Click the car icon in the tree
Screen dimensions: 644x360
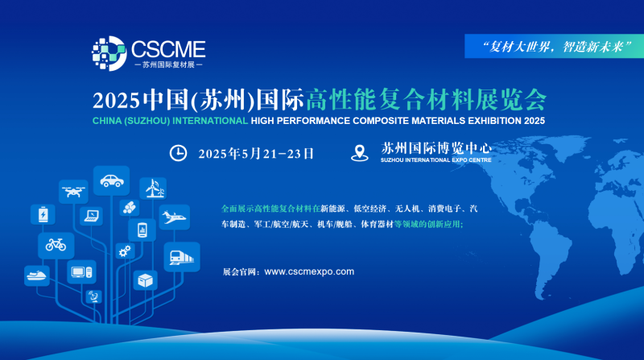[x=112, y=180]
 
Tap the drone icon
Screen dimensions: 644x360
[x=73, y=192]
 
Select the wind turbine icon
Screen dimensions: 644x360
[x=154, y=188]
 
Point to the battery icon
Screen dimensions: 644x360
[x=43, y=214]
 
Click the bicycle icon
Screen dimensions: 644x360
[x=56, y=245]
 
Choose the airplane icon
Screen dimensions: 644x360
[x=174, y=217]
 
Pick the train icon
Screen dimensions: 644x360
[x=182, y=257]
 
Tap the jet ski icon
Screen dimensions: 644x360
[x=37, y=275]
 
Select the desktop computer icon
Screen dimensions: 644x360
[x=82, y=271]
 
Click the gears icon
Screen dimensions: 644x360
[x=125, y=250]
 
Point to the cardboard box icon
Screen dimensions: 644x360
[x=146, y=280]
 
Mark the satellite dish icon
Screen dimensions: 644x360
[x=94, y=296]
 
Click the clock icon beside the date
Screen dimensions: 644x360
[x=178, y=153]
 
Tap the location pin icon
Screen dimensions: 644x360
[x=359, y=153]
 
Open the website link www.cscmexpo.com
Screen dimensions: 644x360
[x=309, y=271]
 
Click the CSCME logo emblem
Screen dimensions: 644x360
[x=109, y=53]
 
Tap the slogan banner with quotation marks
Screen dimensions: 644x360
[x=555, y=46]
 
